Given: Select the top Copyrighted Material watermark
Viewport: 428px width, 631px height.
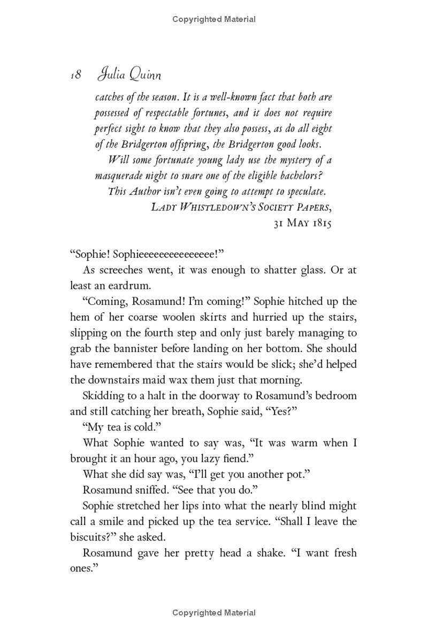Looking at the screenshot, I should pyautogui.click(x=214, y=20).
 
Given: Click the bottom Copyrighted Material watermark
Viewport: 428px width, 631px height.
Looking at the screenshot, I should pyautogui.click(x=214, y=613).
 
